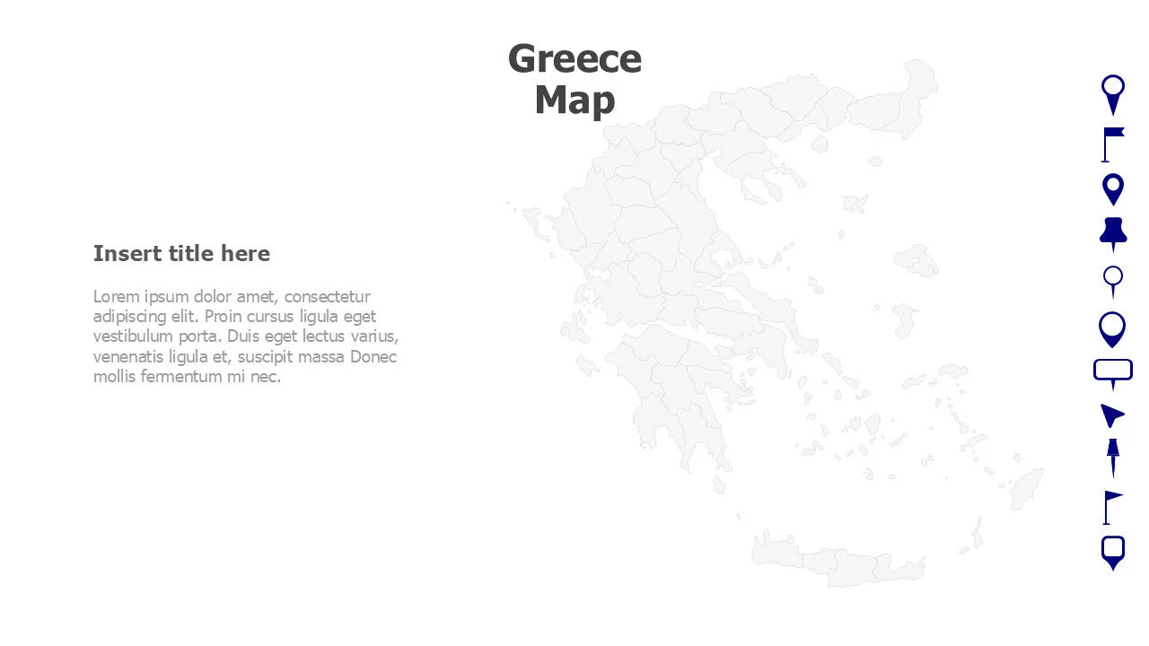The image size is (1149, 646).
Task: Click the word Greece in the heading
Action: point(574,59)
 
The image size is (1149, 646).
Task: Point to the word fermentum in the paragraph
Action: point(180,377)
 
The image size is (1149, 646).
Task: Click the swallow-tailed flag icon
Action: point(1112,144)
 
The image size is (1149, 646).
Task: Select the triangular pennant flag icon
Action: point(1112,507)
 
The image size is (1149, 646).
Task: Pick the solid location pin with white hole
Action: point(1112,189)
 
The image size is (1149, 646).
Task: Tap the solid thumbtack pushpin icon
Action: point(1112,233)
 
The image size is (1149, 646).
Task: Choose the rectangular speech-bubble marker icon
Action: point(1112,371)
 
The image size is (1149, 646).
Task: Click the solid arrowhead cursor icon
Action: point(1111,415)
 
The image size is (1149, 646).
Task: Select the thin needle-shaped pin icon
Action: point(1112,458)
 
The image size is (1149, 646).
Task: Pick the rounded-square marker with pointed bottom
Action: point(1112,551)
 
